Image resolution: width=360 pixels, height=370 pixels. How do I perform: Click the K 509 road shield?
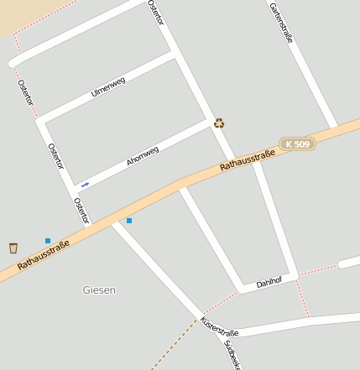tap(297, 144)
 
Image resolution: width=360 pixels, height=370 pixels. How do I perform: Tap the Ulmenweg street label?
tap(108, 87)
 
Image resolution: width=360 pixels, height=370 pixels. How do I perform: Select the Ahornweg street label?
tap(143, 156)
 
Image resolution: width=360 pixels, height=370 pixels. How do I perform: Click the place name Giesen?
tap(99, 290)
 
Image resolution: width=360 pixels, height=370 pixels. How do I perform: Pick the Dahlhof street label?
tap(269, 283)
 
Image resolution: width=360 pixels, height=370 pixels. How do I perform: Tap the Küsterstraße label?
tap(219, 328)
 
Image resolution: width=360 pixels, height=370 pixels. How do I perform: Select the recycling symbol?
tap(219, 123)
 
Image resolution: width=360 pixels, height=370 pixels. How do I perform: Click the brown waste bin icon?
tap(13, 248)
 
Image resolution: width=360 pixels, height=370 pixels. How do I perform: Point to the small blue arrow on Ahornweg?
tap(85, 184)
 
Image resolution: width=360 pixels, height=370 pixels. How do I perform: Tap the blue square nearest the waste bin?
tap(48, 241)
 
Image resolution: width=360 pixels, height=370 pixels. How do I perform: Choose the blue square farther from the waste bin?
tap(129, 221)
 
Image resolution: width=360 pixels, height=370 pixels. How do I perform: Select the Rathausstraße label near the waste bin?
tap(44, 254)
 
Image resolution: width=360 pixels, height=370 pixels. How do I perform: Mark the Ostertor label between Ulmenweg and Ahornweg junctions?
tap(55, 156)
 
